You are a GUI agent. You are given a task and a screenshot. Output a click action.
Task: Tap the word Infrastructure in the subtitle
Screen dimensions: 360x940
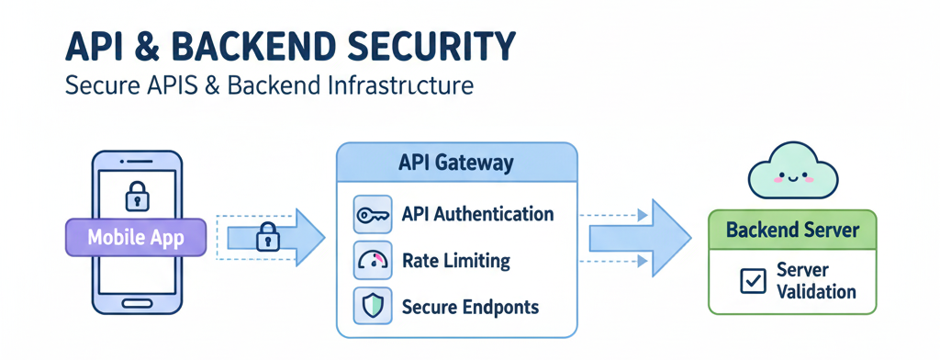tap(400, 86)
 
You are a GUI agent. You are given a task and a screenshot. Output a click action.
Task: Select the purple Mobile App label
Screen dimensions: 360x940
tap(135, 238)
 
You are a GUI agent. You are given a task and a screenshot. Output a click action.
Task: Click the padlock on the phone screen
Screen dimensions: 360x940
tap(137, 196)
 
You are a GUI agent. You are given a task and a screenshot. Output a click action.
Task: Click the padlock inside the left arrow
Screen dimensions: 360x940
tap(267, 236)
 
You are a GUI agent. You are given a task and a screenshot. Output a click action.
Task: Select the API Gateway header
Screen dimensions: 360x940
tap(456, 163)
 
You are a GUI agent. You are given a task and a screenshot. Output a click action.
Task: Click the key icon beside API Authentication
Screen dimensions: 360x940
tap(373, 215)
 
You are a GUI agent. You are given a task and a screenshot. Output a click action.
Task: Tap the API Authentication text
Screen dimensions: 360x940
tap(477, 215)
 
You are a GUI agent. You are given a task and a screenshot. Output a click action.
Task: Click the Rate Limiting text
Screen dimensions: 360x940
tap(456, 261)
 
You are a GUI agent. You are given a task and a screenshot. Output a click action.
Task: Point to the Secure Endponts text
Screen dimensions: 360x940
tap(470, 307)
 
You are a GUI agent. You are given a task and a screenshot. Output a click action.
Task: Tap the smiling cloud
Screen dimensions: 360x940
tap(790, 174)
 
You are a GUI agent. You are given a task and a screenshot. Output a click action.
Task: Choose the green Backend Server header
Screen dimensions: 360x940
tap(792, 229)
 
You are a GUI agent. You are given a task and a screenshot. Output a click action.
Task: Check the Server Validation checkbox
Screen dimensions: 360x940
tap(753, 281)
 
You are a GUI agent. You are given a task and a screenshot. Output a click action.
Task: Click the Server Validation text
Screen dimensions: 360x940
tap(815, 281)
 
